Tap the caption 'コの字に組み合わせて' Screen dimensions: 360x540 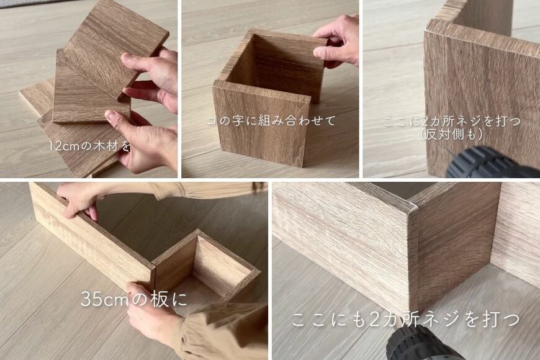pyautogui.click(x=271, y=120)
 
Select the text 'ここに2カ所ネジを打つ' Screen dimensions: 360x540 pyautogui.click(x=451, y=120)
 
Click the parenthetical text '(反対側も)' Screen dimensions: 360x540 pyautogui.click(x=451, y=133)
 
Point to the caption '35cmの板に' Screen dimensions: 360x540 pyautogui.click(x=133, y=299)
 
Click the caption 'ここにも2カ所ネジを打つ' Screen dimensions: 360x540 pyautogui.click(x=405, y=320)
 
